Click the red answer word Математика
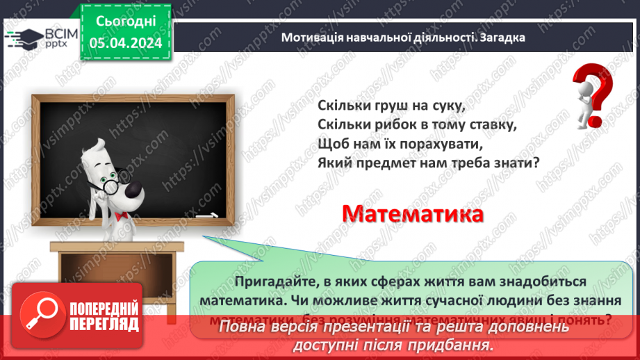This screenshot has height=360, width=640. tap(413, 213)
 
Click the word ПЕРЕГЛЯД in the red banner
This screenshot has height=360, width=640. tap(104, 324)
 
